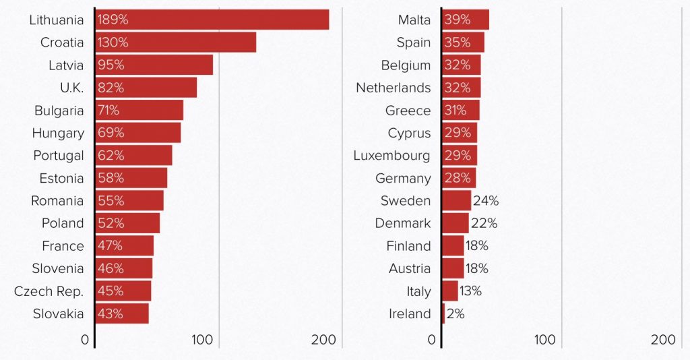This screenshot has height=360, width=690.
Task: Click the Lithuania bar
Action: (x=212, y=20)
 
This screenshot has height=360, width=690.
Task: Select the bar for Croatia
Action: (x=175, y=42)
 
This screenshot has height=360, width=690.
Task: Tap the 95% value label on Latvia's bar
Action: (x=111, y=65)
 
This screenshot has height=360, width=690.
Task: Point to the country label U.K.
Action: (x=71, y=88)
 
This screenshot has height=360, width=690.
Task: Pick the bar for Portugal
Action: (x=133, y=156)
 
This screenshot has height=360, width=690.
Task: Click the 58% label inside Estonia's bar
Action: (x=111, y=178)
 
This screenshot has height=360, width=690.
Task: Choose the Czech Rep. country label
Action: (x=49, y=291)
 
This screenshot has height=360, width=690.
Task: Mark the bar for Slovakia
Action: (x=122, y=313)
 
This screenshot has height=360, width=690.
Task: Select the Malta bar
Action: (x=466, y=20)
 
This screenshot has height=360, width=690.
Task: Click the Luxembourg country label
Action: (x=391, y=156)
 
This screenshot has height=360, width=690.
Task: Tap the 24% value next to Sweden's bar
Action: (x=485, y=201)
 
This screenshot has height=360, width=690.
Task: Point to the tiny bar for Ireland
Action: (x=443, y=313)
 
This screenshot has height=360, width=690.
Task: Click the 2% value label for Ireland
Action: (x=456, y=313)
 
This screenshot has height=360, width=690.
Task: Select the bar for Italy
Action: (x=450, y=291)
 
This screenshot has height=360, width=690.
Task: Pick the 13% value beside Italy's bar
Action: (x=470, y=291)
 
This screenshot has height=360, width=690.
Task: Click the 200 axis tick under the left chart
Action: (x=323, y=340)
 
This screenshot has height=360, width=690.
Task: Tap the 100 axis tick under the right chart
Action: (x=544, y=340)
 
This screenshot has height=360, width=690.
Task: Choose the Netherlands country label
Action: (x=393, y=88)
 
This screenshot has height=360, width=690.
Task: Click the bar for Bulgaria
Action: (x=139, y=111)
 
